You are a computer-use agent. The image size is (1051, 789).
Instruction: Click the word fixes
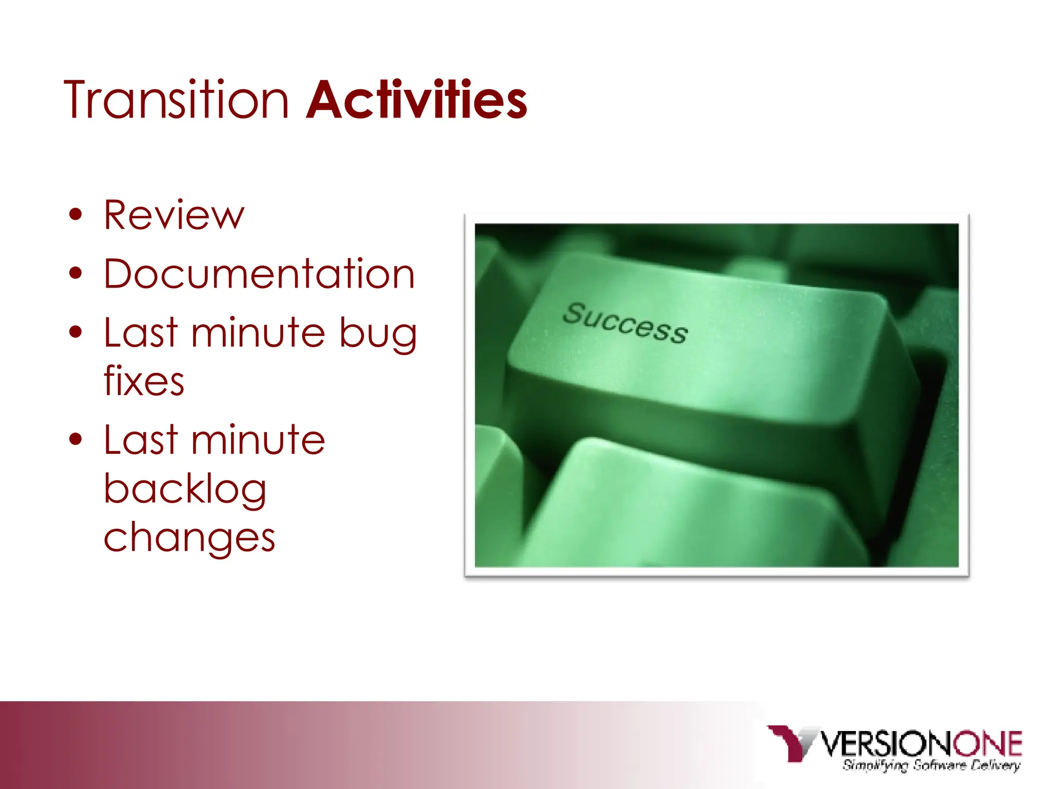(144, 381)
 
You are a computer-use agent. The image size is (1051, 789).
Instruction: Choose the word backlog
(185, 489)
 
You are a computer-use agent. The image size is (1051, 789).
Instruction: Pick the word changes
(189, 538)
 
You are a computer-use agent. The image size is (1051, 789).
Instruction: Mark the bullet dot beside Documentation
(75, 274)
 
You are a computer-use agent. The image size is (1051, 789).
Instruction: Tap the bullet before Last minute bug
(75, 332)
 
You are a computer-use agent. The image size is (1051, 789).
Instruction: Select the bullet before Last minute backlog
(75, 440)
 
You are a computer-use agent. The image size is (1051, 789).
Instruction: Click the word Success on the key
(625, 322)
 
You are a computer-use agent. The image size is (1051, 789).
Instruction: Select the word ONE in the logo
(988, 743)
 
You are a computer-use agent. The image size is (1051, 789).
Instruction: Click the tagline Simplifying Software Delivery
(931, 765)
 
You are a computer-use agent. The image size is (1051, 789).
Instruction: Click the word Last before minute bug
(141, 332)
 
